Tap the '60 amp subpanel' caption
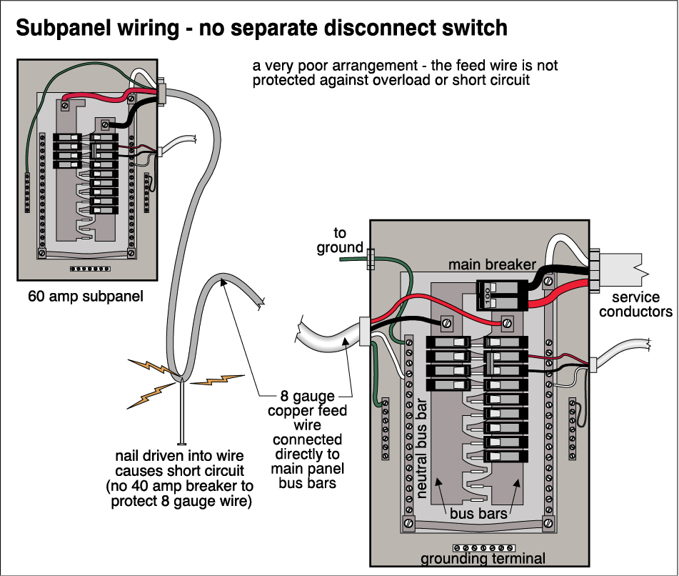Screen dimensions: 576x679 pos(85,295)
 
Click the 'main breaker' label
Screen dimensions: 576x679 pos(492,264)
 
